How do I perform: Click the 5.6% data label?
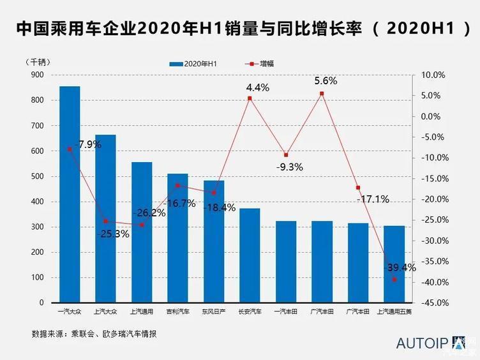click(326, 81)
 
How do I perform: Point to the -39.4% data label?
click(401, 267)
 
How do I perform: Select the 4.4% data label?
click(258, 87)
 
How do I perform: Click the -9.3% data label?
click(289, 167)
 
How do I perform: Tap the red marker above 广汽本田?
click(358, 188)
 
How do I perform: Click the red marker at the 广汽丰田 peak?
click(322, 94)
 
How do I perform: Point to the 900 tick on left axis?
click(38, 75)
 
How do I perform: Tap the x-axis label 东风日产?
click(213, 312)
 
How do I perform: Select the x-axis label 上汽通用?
click(141, 312)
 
